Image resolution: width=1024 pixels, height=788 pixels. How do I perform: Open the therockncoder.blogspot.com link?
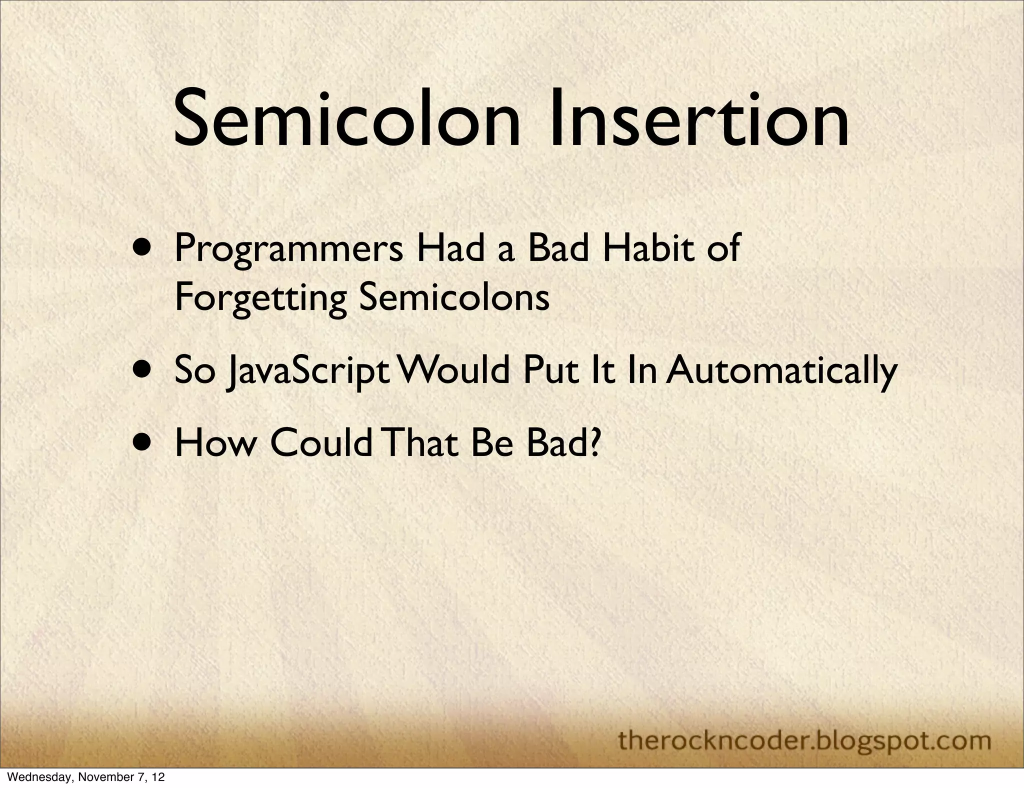pos(804,726)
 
